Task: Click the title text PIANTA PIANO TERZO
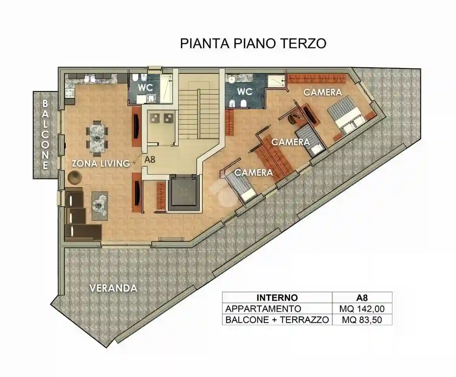click(x=253, y=43)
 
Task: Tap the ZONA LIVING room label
click(x=101, y=163)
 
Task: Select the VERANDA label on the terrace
click(x=113, y=288)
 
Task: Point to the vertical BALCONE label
click(x=45, y=134)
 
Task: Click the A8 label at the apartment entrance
click(x=150, y=160)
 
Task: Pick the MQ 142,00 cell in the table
click(x=362, y=309)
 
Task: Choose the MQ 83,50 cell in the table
click(x=362, y=320)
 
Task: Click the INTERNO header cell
click(x=277, y=298)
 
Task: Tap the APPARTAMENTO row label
click(x=263, y=309)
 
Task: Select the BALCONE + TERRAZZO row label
click(x=277, y=320)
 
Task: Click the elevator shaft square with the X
click(x=183, y=192)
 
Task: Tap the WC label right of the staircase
click(x=245, y=91)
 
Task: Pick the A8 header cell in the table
click(x=362, y=298)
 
